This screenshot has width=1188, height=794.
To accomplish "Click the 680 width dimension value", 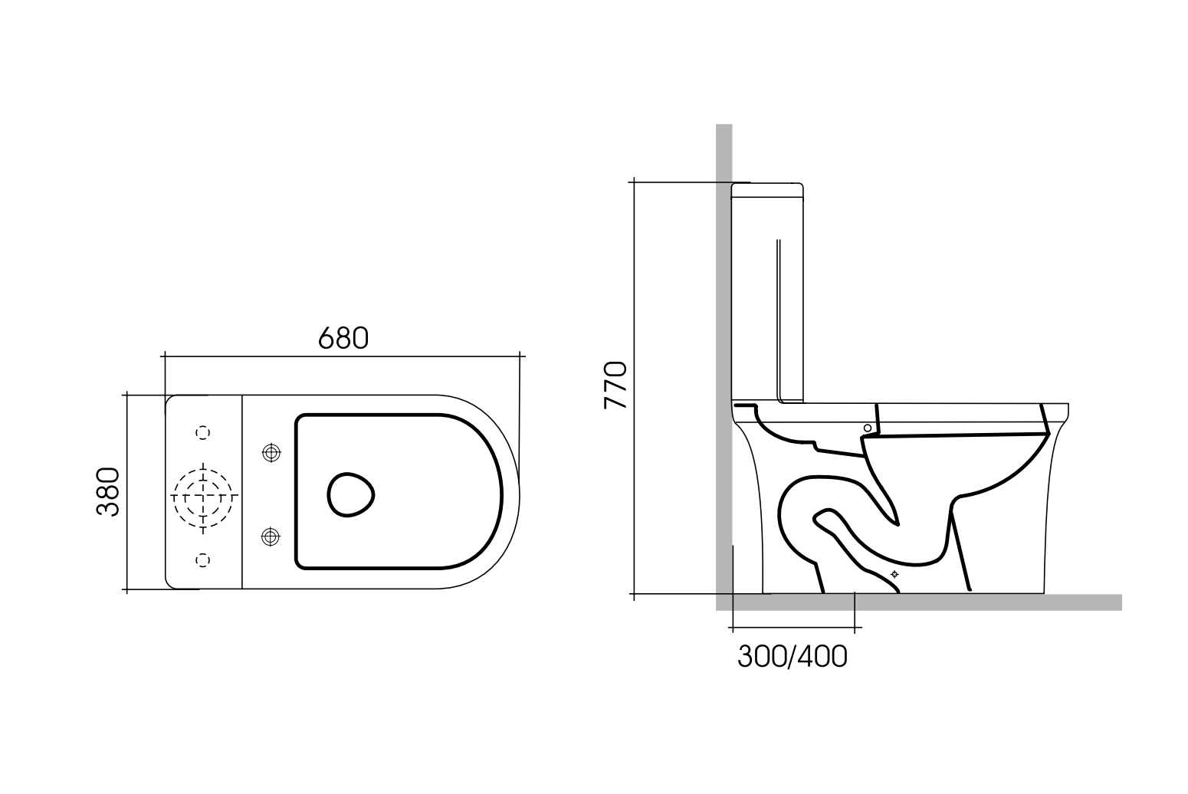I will coord(343,337).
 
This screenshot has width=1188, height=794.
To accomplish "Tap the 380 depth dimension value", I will coord(108,491).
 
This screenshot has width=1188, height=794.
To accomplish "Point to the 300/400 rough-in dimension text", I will coord(793,656).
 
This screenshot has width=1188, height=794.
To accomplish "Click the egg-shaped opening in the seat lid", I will coord(351,494).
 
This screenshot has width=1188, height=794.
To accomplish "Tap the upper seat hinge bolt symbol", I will coord(270,453).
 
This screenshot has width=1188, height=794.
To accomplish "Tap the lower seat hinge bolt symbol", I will coord(270,536).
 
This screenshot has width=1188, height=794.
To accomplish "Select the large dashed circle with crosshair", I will coord(202,496).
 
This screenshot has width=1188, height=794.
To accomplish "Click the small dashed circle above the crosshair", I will coord(203,434).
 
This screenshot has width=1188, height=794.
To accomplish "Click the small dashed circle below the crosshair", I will coord(203,559).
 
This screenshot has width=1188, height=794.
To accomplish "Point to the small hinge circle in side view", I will coord(867,428).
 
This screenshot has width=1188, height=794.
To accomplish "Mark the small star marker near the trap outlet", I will coord(894,574).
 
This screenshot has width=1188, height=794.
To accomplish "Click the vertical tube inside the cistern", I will coord(778,322).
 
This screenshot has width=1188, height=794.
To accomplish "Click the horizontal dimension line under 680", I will coord(343,356).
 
